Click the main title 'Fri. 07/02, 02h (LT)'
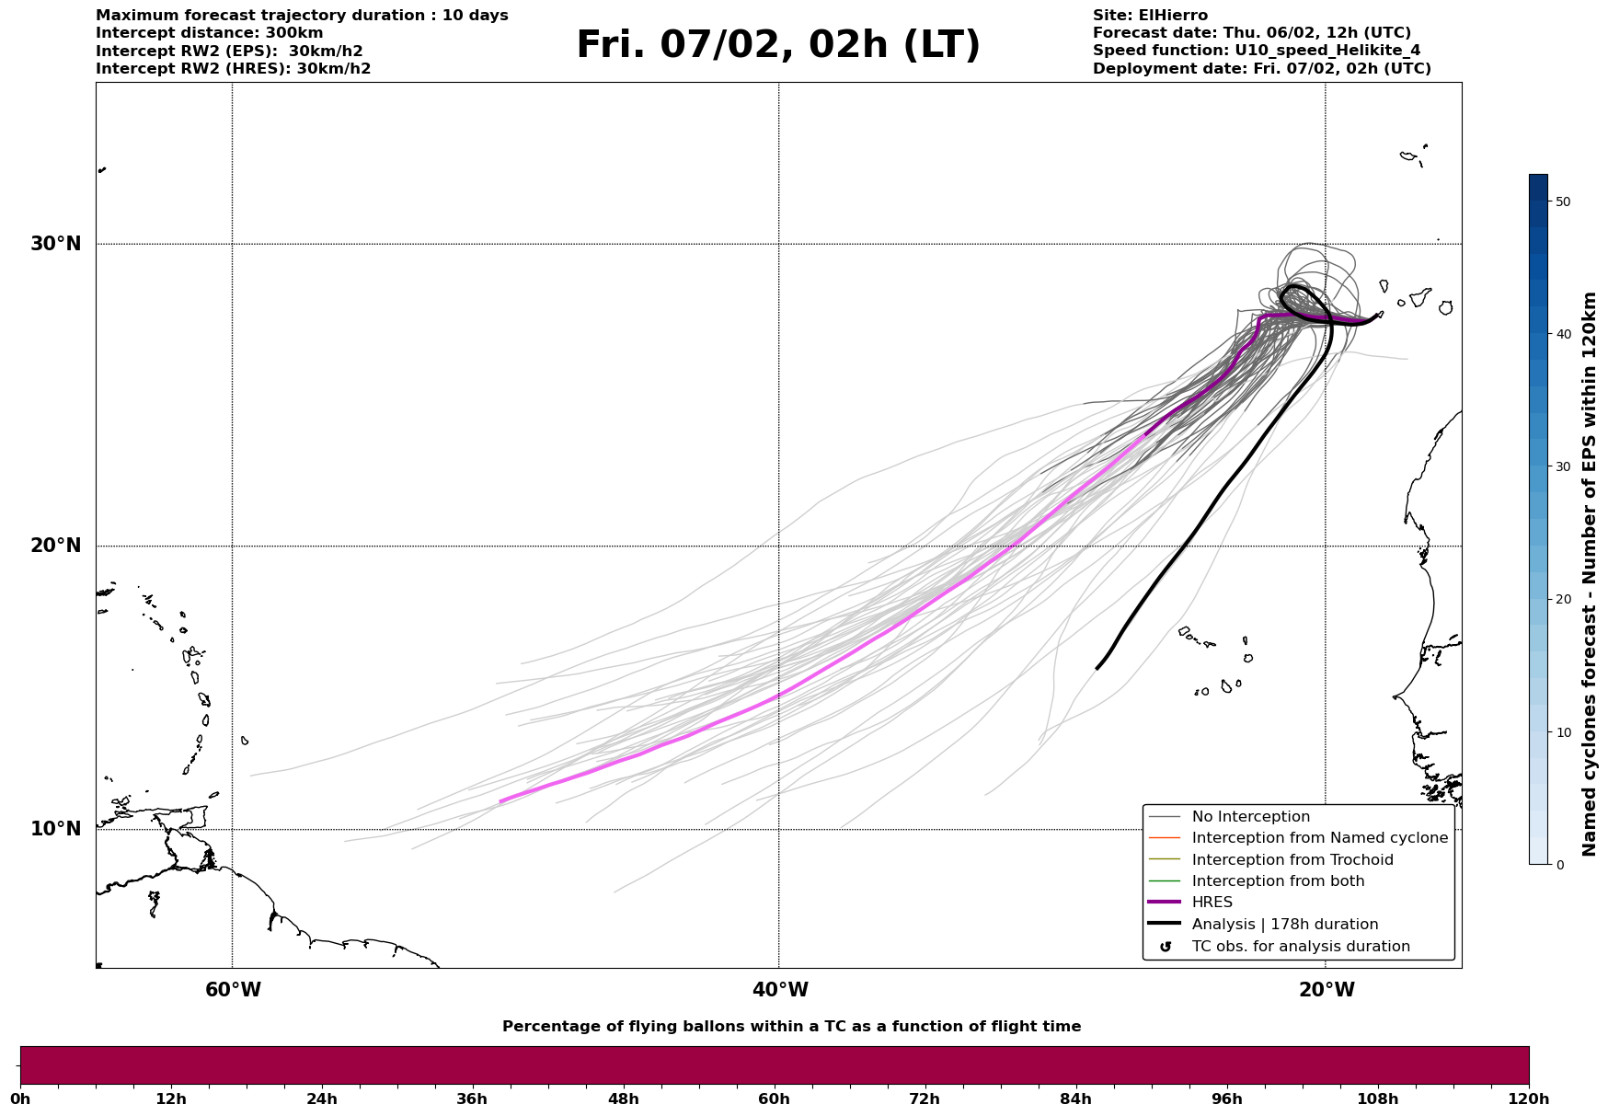point(778,45)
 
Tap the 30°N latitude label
point(56,244)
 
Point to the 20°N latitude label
point(56,546)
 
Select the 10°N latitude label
point(56,829)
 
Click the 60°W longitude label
point(233,990)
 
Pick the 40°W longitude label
point(780,990)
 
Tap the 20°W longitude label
point(1327,990)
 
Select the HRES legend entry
point(1212,903)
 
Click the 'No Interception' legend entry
point(1250,817)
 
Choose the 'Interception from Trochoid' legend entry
point(1292,860)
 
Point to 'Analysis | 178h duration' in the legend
point(1284,925)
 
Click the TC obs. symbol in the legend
point(1166,947)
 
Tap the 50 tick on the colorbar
point(1562,201)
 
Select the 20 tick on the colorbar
point(1562,599)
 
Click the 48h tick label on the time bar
point(623,1099)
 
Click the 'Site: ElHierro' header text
point(1150,16)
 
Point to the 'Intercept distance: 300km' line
point(210,33)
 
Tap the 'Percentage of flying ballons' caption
point(791,1027)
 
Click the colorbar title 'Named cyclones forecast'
point(1589,574)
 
